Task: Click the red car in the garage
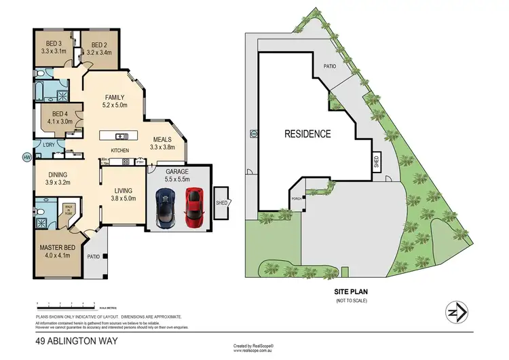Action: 195,206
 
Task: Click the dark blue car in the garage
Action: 165,206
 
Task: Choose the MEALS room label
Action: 162,143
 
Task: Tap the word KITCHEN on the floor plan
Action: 120,150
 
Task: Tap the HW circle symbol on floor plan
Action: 26,158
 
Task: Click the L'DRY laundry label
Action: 49,145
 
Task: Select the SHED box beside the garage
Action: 222,202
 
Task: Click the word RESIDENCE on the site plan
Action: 308,134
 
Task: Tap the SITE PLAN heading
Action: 351,290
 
